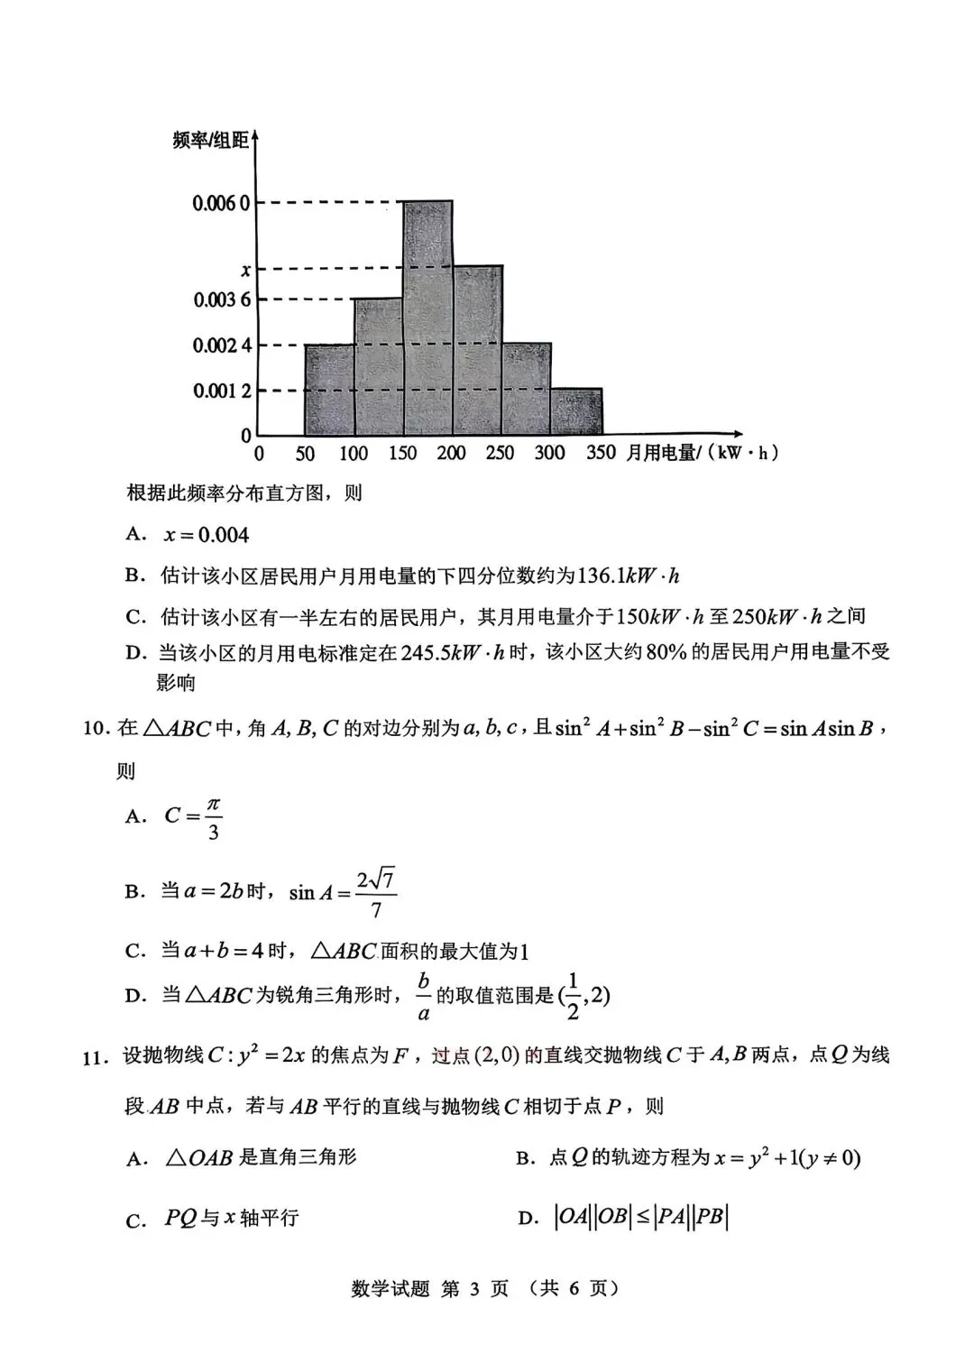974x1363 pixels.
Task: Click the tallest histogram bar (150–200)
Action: tap(427, 318)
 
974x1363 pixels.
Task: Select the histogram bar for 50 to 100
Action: tap(329, 390)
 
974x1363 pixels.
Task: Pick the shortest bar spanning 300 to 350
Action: tap(576, 412)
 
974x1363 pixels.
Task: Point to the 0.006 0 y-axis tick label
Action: tap(220, 203)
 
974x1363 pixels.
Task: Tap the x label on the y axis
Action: tap(244, 269)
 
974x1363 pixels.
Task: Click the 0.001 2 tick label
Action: tap(221, 391)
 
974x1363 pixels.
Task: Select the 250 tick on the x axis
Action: tap(500, 453)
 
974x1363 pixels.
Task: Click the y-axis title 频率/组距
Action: tap(210, 140)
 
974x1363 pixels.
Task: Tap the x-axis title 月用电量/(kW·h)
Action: tap(702, 453)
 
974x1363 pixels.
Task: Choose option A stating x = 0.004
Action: tap(206, 535)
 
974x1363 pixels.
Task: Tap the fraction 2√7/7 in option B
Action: tap(376, 893)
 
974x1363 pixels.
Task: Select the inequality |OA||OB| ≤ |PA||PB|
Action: tap(640, 1217)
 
